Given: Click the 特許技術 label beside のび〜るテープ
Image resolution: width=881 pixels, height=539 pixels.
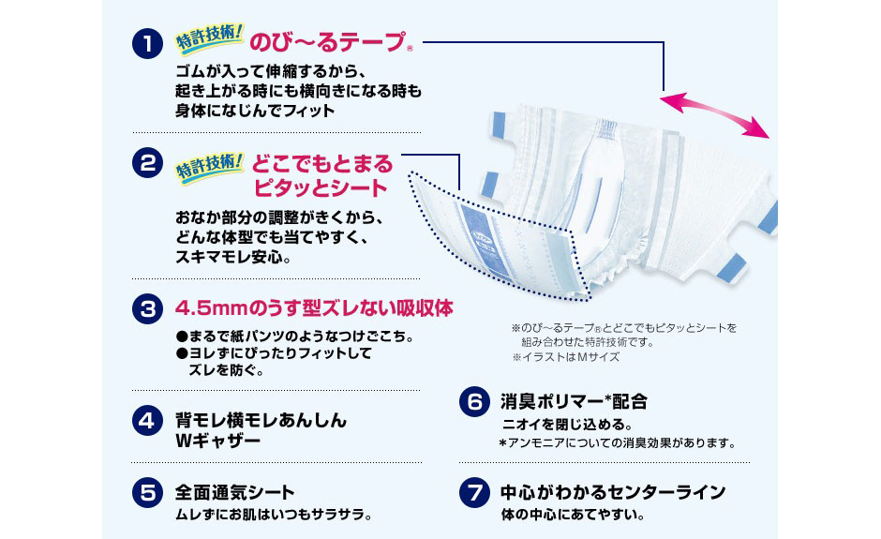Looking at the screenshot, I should click(x=210, y=38).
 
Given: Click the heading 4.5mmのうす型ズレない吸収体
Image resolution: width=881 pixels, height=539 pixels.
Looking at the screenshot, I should click(x=315, y=308).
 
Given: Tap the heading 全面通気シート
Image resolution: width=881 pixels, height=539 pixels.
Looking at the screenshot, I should click(x=234, y=492).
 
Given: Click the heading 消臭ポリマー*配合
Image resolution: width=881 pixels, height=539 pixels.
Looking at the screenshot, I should click(x=574, y=402).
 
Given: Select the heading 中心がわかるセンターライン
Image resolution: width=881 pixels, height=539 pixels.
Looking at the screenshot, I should click(x=613, y=492).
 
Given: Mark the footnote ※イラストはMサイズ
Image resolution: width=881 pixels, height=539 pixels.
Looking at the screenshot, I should click(x=565, y=357).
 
